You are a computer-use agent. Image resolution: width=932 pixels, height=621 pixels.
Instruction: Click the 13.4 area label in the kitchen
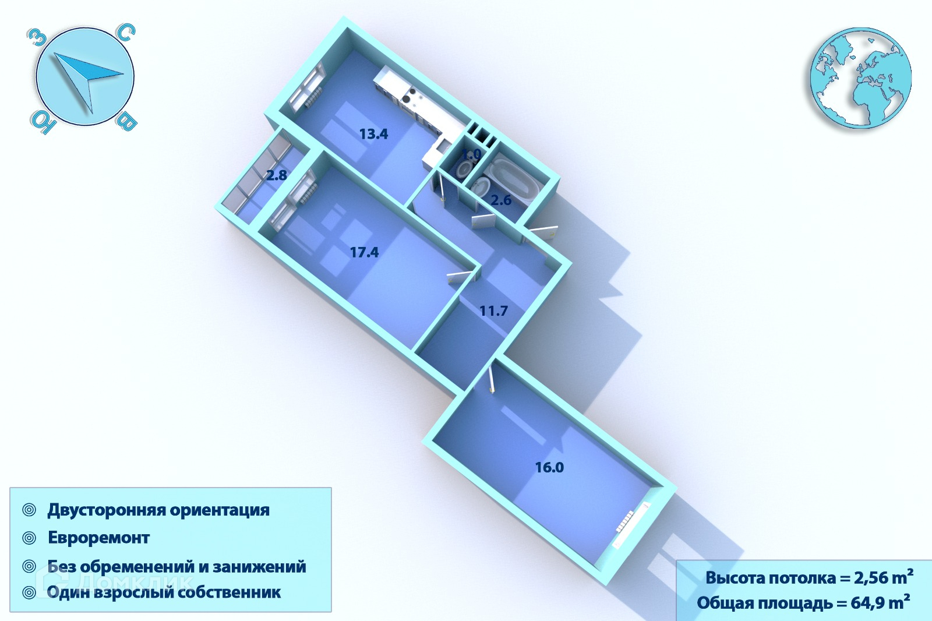373,134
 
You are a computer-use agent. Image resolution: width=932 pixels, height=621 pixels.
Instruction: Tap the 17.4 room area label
364,252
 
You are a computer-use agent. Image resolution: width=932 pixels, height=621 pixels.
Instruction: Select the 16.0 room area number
549,467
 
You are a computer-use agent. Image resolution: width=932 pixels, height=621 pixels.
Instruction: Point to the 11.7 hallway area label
493,311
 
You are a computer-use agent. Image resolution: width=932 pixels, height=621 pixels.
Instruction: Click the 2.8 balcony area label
277,175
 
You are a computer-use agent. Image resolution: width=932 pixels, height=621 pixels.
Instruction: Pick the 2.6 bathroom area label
501,200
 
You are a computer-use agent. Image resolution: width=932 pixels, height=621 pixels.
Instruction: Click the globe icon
860,77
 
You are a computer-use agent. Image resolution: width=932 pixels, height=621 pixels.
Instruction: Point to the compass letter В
127,122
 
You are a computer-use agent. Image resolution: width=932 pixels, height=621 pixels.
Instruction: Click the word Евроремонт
98,538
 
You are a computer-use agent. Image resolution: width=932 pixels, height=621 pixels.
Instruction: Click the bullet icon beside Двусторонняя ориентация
29,510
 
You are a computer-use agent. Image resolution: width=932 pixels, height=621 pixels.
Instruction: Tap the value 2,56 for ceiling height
872,578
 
